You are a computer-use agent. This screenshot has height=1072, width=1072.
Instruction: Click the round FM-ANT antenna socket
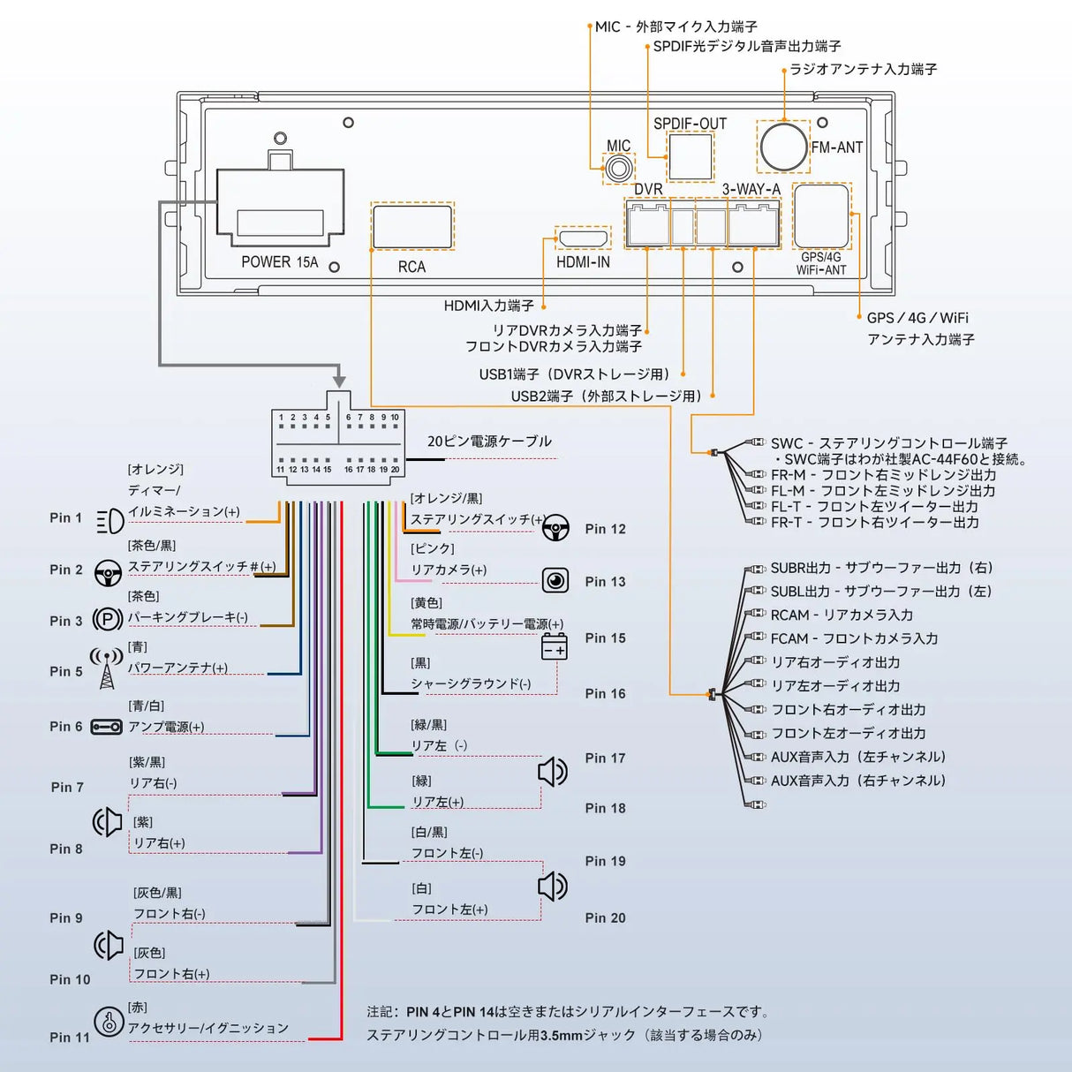783,147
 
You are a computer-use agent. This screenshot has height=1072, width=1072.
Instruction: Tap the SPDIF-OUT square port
690,156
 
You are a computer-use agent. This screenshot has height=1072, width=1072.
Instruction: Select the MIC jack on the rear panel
618,168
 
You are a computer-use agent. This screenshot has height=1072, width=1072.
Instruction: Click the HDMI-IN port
583,238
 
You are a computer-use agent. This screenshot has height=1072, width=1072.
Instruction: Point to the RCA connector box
412,227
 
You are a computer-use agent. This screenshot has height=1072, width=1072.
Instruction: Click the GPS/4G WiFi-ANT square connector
821,216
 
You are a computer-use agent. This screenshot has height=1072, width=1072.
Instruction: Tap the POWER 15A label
279,262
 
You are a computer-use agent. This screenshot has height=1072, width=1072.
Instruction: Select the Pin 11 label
70,1038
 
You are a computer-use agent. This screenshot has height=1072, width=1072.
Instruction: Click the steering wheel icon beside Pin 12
555,529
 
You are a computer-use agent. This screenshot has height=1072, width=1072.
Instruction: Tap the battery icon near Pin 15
554,647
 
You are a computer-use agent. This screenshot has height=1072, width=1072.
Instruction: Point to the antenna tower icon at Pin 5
107,669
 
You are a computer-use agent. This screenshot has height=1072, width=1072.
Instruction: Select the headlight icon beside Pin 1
109,520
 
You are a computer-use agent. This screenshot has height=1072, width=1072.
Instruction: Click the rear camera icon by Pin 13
555,580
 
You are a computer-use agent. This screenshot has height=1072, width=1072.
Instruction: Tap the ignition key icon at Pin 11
109,1022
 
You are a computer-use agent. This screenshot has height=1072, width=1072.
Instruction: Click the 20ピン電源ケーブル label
489,442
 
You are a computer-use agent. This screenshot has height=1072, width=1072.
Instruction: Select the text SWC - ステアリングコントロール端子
888,443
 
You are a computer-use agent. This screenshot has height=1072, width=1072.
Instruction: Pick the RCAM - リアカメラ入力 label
842,615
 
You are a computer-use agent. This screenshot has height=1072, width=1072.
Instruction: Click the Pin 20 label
605,918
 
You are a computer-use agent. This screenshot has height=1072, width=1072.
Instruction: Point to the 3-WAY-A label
751,190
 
